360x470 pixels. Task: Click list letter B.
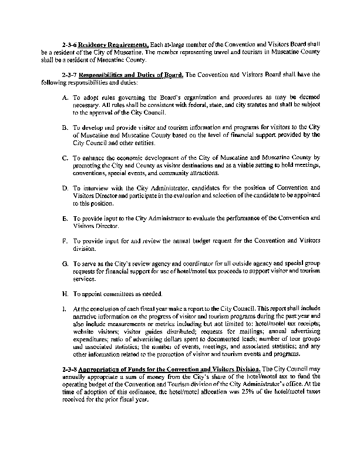(x=64, y=126)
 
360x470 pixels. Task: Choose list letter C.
(x=64, y=157)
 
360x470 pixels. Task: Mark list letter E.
(x=64, y=218)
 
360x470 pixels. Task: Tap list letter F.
(x=64, y=241)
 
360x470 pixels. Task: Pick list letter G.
(x=64, y=263)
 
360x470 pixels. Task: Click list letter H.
(x=64, y=293)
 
